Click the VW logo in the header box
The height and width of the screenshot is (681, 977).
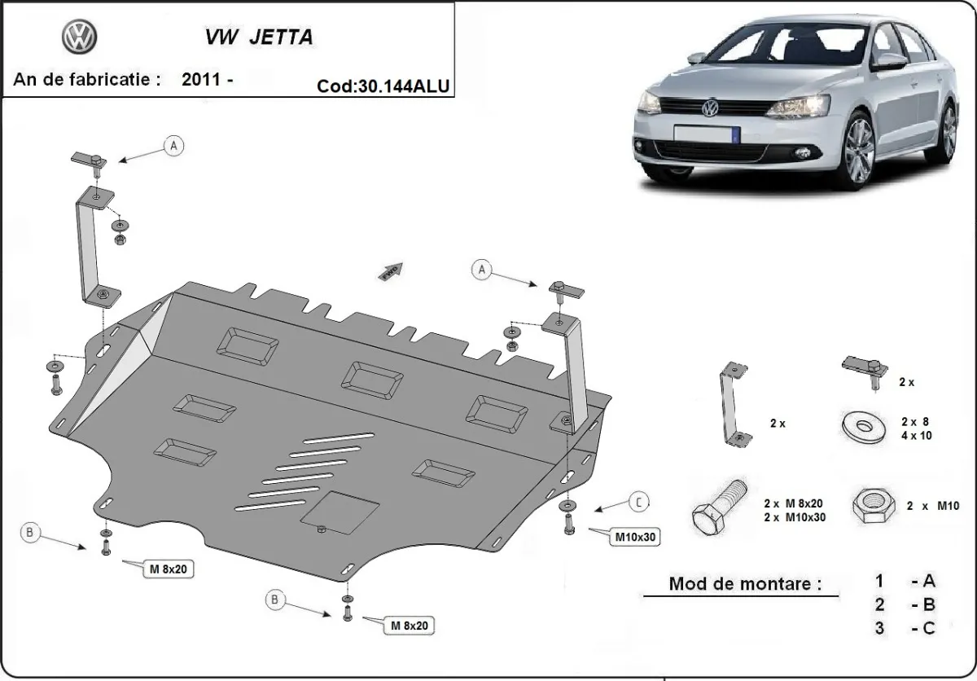[x=79, y=37]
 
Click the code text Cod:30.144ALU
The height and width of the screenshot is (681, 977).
[x=383, y=86]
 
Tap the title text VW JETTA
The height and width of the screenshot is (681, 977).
[x=256, y=38]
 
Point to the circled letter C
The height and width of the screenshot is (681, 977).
[x=639, y=502]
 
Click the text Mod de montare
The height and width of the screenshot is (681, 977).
[x=744, y=583]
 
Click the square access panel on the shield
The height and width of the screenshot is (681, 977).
[x=340, y=512]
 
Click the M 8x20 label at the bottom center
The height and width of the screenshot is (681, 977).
[x=407, y=626]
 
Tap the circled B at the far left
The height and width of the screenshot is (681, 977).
[x=29, y=533]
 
